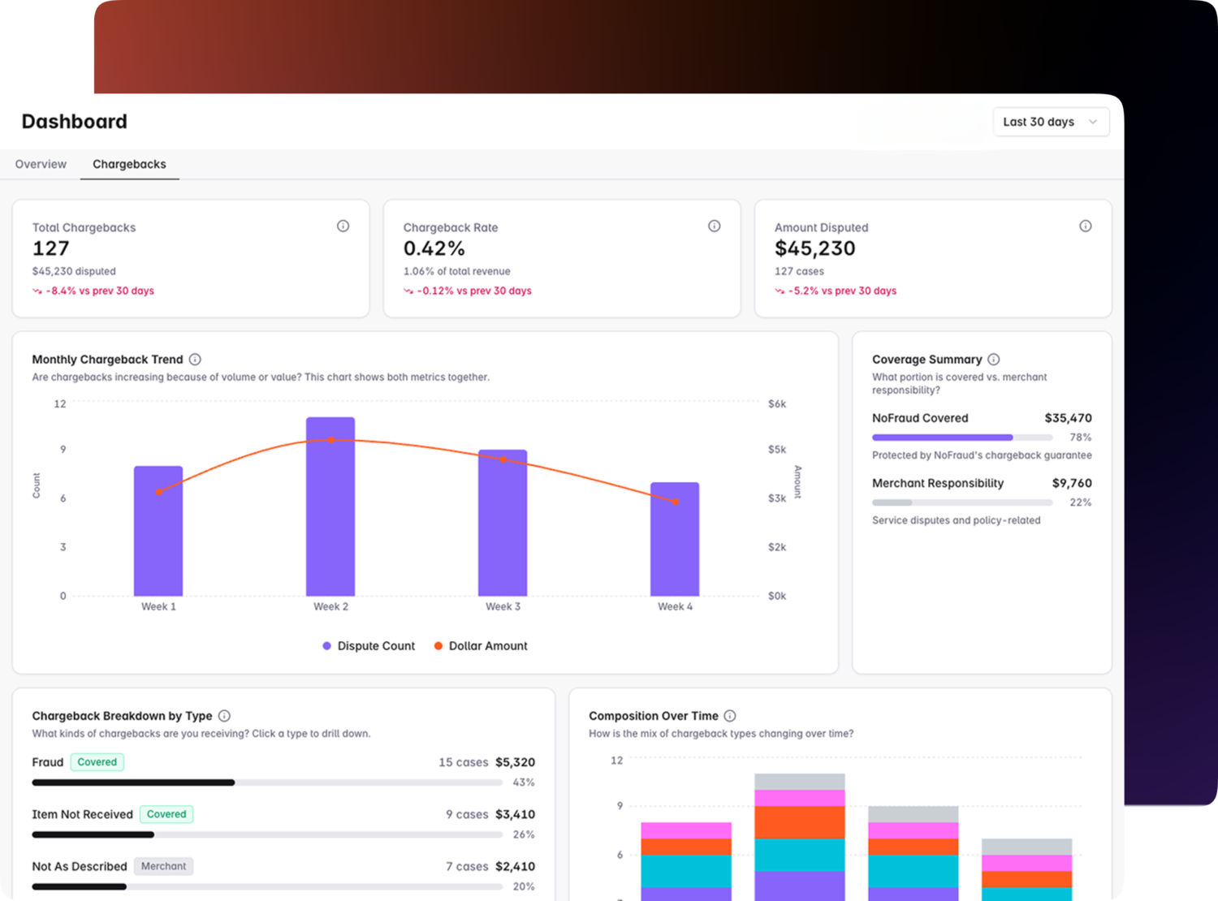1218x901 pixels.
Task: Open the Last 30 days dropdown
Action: [1050, 122]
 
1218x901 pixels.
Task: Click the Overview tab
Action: [41, 164]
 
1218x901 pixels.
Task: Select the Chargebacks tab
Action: [129, 164]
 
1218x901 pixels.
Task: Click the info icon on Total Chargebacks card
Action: [343, 226]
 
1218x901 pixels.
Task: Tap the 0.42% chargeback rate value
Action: [434, 248]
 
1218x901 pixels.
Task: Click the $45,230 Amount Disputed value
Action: [814, 248]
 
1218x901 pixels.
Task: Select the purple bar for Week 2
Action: [330, 507]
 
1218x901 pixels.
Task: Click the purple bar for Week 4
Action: [675, 540]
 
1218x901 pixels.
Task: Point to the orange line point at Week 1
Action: [158, 492]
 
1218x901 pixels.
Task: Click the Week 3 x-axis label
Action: [503, 606]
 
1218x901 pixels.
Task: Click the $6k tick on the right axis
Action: [776, 403]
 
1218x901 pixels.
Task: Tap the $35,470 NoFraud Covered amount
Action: [1068, 418]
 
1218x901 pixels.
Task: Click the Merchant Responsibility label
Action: [937, 483]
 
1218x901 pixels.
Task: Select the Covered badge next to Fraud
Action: [97, 762]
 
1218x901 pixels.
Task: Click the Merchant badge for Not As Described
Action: [163, 866]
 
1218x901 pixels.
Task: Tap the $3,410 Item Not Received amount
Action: [515, 814]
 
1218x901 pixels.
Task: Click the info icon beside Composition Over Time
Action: [729, 716]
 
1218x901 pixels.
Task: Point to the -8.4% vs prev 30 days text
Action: [99, 291]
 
